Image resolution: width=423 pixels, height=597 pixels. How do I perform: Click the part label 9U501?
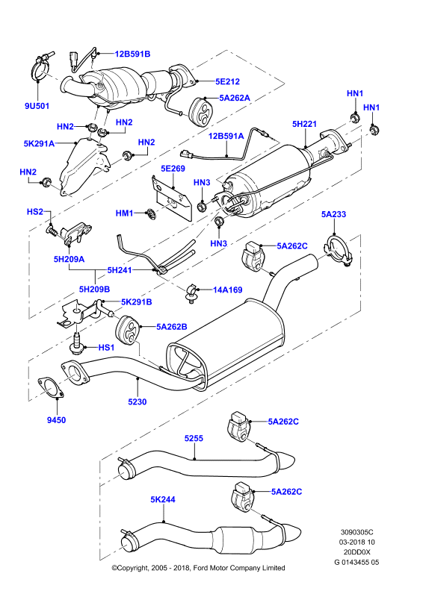[37, 106]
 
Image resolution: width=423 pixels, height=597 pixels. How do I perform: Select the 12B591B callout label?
[133, 54]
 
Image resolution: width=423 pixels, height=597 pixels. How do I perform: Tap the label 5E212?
[227, 81]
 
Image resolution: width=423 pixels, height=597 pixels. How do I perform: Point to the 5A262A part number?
[235, 98]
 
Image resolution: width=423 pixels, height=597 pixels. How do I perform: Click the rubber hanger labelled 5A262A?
[202, 111]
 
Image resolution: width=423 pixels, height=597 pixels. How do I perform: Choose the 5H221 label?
[304, 124]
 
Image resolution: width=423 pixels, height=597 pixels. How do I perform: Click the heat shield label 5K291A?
[39, 144]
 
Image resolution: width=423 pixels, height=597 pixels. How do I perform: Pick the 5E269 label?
[173, 169]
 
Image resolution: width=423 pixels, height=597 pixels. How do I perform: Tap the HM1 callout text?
[124, 213]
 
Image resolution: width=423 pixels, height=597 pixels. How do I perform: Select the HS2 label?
[35, 212]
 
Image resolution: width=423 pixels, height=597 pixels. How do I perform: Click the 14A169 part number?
[227, 290]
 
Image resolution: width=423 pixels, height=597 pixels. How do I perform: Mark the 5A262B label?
[172, 327]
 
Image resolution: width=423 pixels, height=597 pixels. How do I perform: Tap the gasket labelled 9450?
[51, 387]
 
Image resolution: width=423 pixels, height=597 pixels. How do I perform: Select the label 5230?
[138, 401]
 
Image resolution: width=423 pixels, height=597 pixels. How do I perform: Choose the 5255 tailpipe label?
[194, 438]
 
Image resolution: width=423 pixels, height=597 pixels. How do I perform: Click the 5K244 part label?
[163, 499]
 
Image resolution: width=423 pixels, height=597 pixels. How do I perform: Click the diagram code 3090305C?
[357, 532]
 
